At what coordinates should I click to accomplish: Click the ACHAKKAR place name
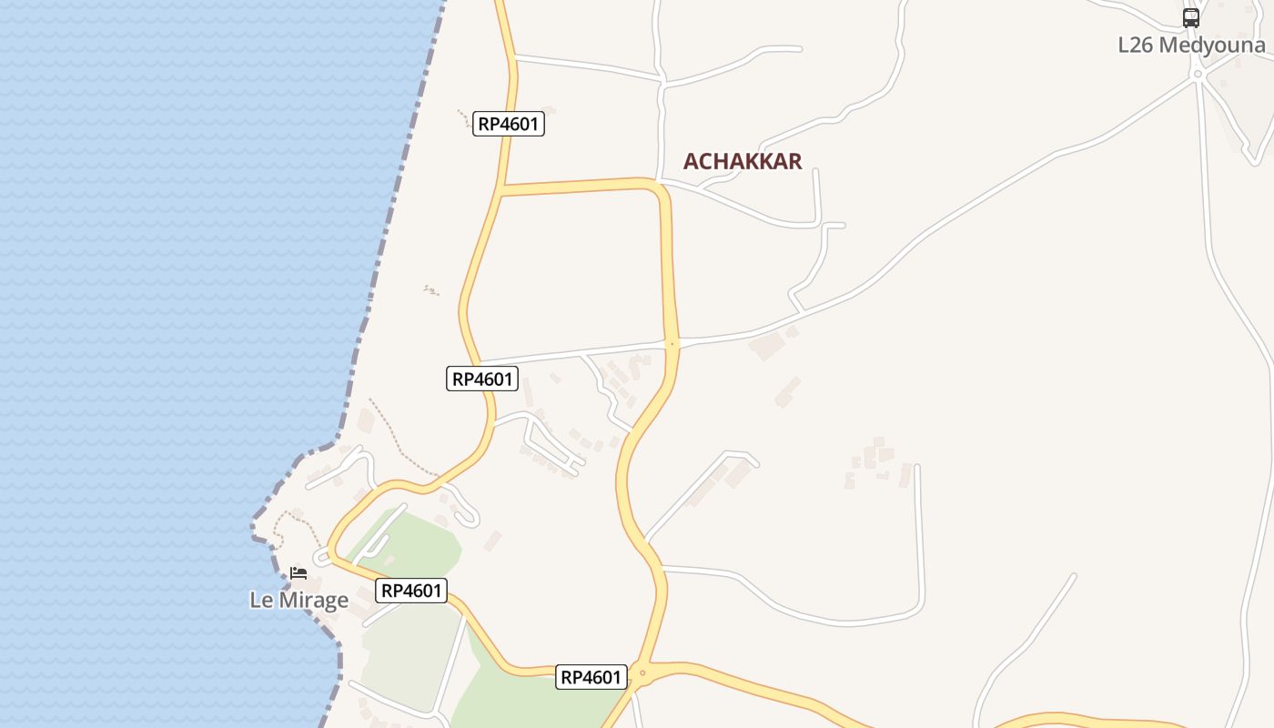(743, 161)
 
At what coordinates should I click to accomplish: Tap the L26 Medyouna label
(1191, 45)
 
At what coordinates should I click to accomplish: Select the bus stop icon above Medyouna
(1191, 17)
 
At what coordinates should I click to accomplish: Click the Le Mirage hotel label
(298, 600)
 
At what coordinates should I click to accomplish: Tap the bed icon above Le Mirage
(298, 573)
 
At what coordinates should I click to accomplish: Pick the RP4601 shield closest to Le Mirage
(411, 591)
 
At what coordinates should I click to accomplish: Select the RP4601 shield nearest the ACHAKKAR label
(509, 124)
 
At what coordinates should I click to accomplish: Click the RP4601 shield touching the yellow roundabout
(591, 677)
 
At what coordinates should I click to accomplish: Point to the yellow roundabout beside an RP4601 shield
(642, 674)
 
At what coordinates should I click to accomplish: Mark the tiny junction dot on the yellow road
(672, 344)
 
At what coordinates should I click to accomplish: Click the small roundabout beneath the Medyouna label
(1198, 74)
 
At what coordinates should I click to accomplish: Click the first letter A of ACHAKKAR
(691, 161)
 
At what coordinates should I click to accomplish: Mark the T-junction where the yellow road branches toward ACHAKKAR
(502, 189)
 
